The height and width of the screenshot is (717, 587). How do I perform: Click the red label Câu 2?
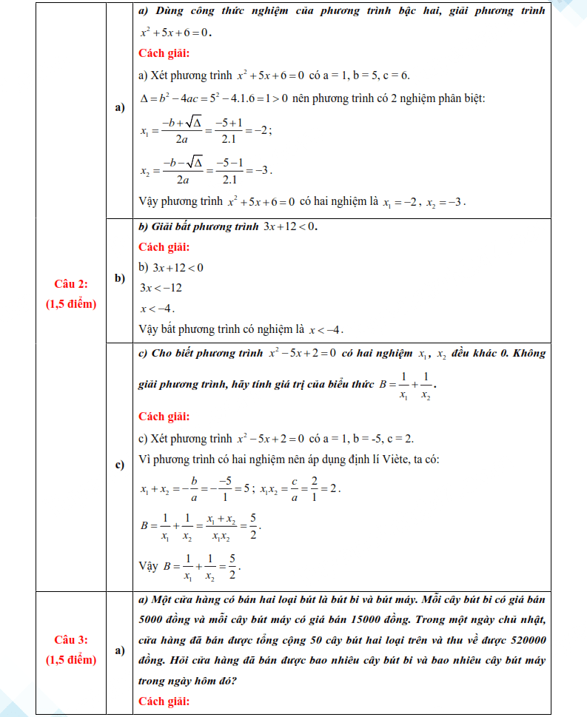pos(70,283)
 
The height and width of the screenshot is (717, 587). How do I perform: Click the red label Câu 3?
pos(70,639)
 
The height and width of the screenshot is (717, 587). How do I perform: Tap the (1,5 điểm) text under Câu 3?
pos(70,659)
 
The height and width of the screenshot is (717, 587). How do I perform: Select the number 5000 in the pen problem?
pos(153,619)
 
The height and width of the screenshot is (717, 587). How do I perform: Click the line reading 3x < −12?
pos(161,288)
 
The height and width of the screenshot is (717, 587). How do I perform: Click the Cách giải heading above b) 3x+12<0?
pos(164,247)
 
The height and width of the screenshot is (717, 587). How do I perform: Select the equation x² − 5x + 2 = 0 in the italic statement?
pos(302,354)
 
